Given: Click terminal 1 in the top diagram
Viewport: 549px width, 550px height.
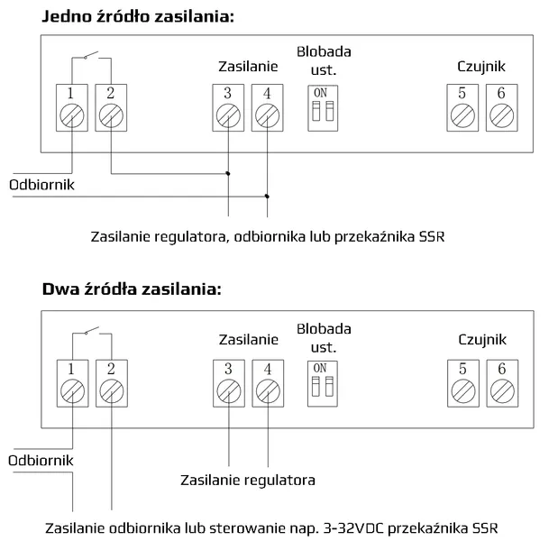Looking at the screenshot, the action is pyautogui.click(x=72, y=107).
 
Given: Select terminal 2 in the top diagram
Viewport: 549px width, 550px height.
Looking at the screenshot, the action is pyautogui.click(x=111, y=107).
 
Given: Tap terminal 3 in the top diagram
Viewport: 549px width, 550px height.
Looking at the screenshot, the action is pyautogui.click(x=228, y=107).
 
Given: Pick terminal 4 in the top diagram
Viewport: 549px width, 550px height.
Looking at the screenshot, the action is pyautogui.click(x=268, y=107).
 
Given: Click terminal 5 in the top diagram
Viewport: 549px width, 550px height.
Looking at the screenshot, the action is pyautogui.click(x=462, y=107).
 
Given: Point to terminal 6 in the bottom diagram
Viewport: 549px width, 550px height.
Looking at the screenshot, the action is pyautogui.click(x=502, y=383).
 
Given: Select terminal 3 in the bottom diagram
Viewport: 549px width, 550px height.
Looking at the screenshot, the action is pyautogui.click(x=229, y=383).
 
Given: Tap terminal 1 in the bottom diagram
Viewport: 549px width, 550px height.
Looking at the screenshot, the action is pyautogui.click(x=73, y=383).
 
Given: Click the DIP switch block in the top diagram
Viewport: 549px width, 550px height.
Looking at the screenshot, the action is pyautogui.click(x=323, y=108).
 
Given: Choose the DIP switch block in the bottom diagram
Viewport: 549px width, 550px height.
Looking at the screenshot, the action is pyautogui.click(x=323, y=384).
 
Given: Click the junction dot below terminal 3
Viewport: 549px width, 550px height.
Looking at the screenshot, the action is pyautogui.click(x=228, y=174).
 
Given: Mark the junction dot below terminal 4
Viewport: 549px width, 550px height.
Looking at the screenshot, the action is pyautogui.click(x=267, y=197).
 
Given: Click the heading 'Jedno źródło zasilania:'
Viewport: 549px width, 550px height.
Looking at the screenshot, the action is pyautogui.click(x=138, y=16).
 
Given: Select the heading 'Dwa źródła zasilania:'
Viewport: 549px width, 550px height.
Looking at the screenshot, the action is pyautogui.click(x=132, y=289).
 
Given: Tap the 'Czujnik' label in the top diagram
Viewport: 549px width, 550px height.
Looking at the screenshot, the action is pyautogui.click(x=481, y=67).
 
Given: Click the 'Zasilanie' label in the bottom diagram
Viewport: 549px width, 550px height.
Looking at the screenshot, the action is pyautogui.click(x=249, y=340).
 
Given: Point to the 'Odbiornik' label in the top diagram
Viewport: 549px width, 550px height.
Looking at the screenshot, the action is pyautogui.click(x=41, y=185).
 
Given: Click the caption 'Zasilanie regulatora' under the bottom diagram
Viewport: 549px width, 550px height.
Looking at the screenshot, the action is pyautogui.click(x=248, y=481).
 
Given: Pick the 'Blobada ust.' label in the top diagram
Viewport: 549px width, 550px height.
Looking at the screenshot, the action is pyautogui.click(x=324, y=61).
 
